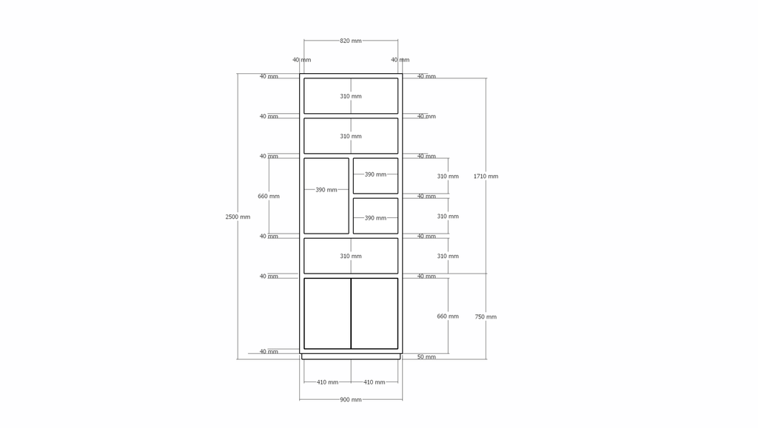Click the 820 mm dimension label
coord(350,41)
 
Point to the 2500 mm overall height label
coord(238,217)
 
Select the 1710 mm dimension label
coord(486,177)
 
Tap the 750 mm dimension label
coord(486,317)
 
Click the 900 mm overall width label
coord(350,400)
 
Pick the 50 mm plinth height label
coord(426,357)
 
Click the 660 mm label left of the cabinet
coord(268,197)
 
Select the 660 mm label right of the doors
coord(448,316)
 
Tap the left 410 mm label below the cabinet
coord(327,382)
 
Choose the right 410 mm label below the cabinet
coord(374,382)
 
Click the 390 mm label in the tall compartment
coord(326,190)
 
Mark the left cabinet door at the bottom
coord(327,313)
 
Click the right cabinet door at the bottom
coord(375,313)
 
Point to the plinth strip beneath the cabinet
coord(351,356)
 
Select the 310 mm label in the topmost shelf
coord(350,97)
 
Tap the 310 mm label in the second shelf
coord(350,137)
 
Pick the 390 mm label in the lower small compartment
coord(375,218)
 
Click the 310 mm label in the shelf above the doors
coord(350,257)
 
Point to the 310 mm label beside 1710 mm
coord(448,177)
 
